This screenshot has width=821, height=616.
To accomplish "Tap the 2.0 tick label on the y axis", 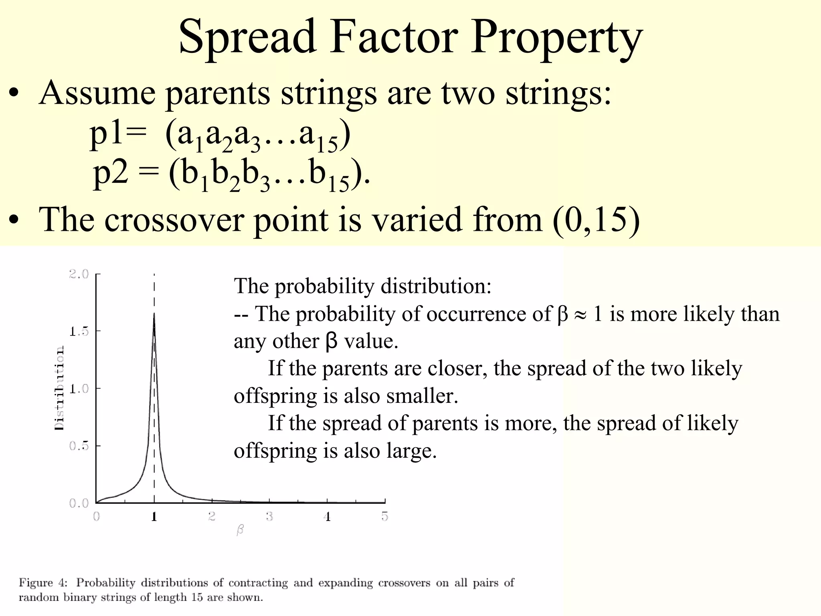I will pyautogui.click(x=79, y=274).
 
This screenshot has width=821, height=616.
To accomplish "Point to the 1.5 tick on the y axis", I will pyautogui.click(x=79, y=331).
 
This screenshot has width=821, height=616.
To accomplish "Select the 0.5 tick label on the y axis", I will pyautogui.click(x=79, y=446).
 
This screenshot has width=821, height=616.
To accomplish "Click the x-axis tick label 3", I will pyautogui.click(x=269, y=517).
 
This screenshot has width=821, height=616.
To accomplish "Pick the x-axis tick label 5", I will pyautogui.click(x=385, y=517).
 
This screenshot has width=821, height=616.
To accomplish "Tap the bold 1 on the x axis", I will pyautogui.click(x=154, y=517).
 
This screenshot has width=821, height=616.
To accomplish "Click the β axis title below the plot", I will pyautogui.click(x=240, y=530).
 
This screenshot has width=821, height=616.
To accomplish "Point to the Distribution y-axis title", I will pyautogui.click(x=59, y=388).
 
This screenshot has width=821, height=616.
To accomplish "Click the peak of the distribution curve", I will pyautogui.click(x=154, y=315).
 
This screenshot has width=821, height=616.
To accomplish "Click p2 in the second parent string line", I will pyautogui.click(x=111, y=173).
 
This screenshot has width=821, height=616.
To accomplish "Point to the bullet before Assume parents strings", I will pyautogui.click(x=14, y=94).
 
